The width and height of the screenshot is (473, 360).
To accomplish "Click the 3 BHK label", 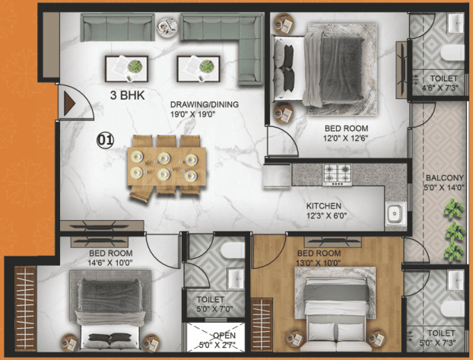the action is (x=127, y=95).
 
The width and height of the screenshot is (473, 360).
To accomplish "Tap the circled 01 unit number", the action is (x=105, y=141).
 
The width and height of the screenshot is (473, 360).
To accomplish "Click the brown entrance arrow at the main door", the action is (x=69, y=104).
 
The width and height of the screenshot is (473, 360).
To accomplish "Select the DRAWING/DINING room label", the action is (x=205, y=104).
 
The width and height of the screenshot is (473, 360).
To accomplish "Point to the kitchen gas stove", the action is (x=338, y=174).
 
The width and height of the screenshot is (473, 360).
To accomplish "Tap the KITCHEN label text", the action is (x=324, y=206).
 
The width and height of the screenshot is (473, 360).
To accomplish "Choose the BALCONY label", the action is (x=444, y=177).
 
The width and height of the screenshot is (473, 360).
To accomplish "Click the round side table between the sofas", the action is (x=167, y=27).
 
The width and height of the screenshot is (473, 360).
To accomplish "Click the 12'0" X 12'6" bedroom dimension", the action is (x=346, y=139).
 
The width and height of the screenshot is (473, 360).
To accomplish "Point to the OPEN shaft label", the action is (x=224, y=336).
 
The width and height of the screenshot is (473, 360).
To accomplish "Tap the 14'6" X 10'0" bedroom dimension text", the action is (x=110, y=263).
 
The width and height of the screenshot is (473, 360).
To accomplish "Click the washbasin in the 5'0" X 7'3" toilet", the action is (x=456, y=281).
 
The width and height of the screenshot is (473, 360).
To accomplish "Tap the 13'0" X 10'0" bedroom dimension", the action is (x=319, y=263).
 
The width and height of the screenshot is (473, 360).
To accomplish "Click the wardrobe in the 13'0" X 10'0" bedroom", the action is (x=262, y=325).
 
